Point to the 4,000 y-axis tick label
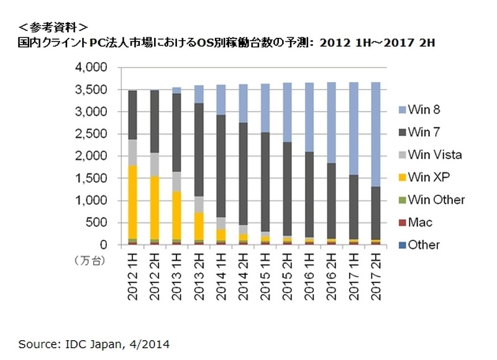(91, 67)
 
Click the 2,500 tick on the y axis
(91, 134)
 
